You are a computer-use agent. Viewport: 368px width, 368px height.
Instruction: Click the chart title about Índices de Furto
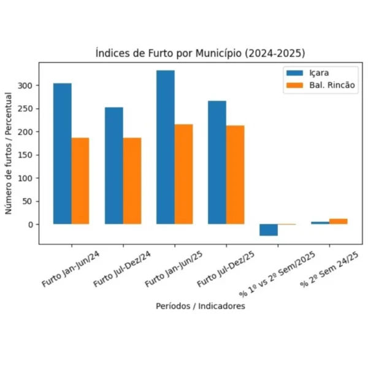click(200, 53)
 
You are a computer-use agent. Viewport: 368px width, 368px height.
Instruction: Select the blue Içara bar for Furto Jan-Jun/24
click(62, 153)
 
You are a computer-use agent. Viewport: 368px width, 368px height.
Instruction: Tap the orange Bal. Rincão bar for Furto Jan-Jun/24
click(80, 181)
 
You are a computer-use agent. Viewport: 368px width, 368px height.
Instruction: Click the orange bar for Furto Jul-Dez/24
click(132, 181)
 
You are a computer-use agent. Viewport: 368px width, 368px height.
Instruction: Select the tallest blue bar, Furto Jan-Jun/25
click(165, 147)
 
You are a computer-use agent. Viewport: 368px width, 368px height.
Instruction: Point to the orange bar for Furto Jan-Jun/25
click(183, 174)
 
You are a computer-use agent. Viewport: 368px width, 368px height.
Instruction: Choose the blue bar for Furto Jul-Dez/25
click(217, 163)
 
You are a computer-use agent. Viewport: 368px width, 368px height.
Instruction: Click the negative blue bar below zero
click(268, 230)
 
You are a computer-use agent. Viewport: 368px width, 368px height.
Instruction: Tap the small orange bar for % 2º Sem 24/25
click(338, 221)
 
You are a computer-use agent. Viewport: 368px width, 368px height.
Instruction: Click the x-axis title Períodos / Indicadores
click(200, 306)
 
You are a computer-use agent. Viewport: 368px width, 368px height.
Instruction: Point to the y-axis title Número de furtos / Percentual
click(9, 153)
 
